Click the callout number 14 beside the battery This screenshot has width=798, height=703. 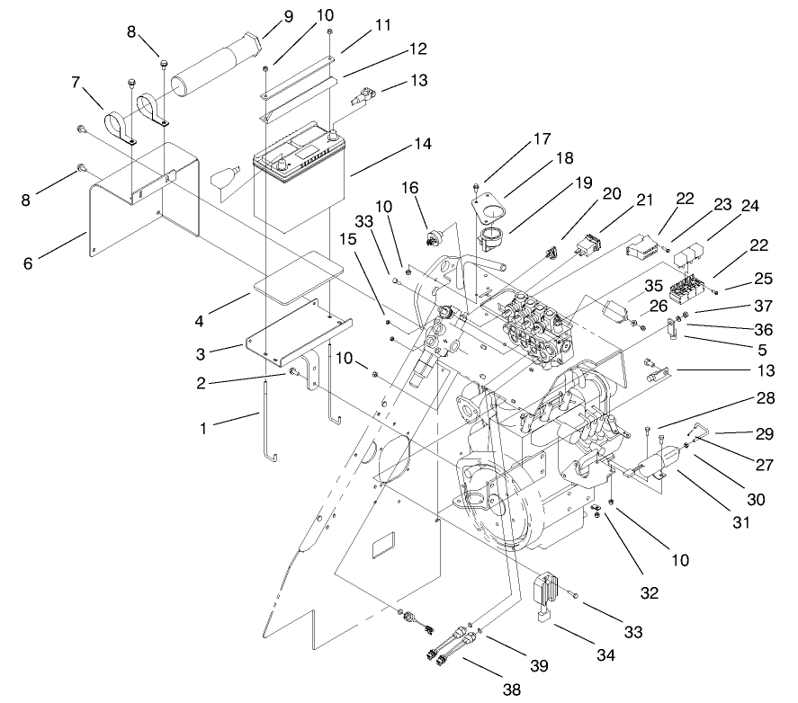click(x=398, y=143)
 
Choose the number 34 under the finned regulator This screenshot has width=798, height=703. click(x=606, y=656)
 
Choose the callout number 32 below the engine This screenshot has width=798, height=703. click(x=649, y=592)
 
